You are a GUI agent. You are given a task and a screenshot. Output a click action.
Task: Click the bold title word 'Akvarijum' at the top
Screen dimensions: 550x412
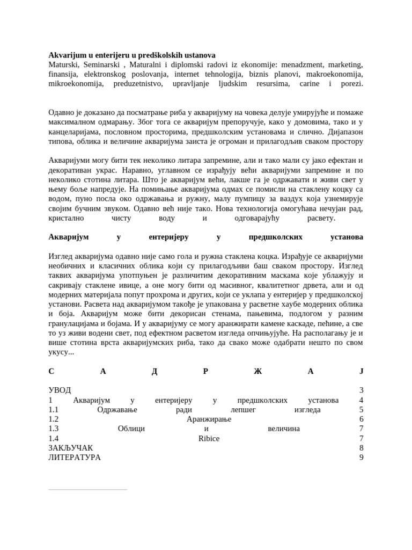[x=67, y=55]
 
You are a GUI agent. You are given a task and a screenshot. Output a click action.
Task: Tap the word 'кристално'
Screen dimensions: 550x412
[x=66, y=218]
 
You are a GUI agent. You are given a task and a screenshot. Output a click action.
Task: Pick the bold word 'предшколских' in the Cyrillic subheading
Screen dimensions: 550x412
[x=276, y=237]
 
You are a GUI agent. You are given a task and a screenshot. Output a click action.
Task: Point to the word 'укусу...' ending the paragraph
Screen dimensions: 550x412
[x=61, y=352]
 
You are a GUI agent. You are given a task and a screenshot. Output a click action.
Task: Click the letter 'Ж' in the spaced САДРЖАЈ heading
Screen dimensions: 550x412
[x=257, y=371]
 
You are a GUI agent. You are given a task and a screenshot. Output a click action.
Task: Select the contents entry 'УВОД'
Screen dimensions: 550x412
[x=60, y=390]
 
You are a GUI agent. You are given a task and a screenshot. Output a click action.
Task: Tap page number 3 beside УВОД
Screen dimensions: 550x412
[x=361, y=390]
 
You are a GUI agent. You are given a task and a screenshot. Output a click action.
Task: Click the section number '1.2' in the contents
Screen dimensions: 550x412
[x=54, y=419]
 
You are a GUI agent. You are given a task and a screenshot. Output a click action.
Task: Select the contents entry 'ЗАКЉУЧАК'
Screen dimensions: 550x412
[x=71, y=448]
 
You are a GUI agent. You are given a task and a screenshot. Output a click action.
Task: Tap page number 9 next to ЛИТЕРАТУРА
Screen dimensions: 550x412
[x=361, y=458]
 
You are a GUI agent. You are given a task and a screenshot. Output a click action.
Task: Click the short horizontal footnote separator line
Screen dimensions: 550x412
[x=87, y=489]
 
